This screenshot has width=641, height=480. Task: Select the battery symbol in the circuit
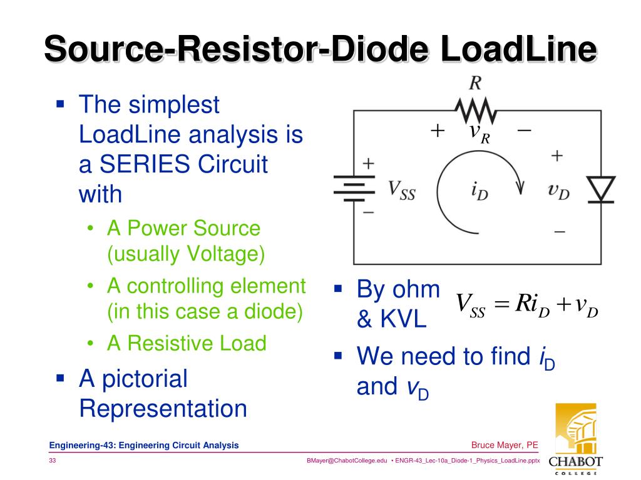tap(353, 187)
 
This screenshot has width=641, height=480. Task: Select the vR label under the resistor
tap(479, 132)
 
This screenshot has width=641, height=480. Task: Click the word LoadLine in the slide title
tap(518, 49)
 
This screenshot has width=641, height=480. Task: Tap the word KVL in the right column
tap(391, 320)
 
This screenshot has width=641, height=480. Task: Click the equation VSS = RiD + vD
tap(526, 306)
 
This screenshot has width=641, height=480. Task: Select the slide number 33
tap(54, 461)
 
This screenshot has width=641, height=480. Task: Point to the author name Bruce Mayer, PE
tap(505, 445)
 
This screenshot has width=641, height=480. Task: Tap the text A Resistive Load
tap(187, 343)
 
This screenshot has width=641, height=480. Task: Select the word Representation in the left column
tap(163, 409)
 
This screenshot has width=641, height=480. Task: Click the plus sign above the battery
tap(369, 164)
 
